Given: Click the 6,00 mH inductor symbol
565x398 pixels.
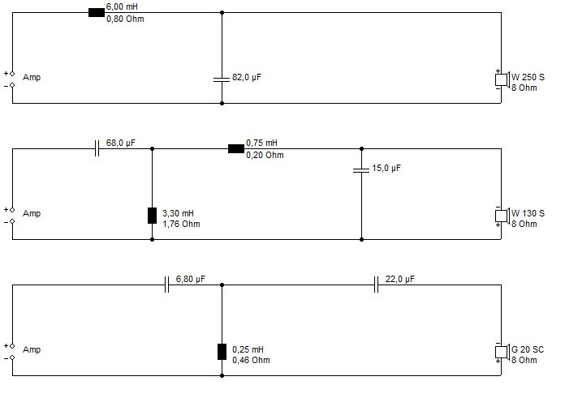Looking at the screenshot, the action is coord(97,13).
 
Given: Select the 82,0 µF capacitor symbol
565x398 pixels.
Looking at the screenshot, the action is coord(222,79).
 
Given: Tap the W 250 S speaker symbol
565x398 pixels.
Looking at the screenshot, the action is coord(502,79).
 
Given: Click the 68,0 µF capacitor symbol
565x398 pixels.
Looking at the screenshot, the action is coord(97,148).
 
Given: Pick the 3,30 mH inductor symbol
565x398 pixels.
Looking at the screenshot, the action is coord(152,216).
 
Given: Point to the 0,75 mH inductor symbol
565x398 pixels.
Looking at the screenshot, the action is coord(236,148).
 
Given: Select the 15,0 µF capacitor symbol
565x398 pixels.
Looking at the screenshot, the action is coord(361,170).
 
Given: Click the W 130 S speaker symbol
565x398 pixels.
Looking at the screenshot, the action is coord(502,216).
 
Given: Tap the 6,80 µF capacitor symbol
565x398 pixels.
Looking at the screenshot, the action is coord(166,285).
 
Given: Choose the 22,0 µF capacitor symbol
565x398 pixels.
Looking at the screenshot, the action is coord(376,285).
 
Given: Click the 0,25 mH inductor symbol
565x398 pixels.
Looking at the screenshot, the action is coord(222,352).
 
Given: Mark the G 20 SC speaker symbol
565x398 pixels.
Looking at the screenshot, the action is coord(502,352).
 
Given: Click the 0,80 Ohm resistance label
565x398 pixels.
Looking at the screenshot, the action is coord(125,19).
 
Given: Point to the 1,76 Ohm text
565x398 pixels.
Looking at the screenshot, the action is coord(181,225).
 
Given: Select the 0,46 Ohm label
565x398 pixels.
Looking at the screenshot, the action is coord(251,360).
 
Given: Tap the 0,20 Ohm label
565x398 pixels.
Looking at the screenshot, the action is coord(265,155).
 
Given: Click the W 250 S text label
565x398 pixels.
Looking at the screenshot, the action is coord(528,77).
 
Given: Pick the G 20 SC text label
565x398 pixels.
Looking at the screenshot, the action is coord(528,349).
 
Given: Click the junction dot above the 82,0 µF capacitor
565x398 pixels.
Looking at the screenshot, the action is coord(222,13).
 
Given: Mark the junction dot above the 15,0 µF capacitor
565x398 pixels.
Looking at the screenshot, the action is coord(361,148).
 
